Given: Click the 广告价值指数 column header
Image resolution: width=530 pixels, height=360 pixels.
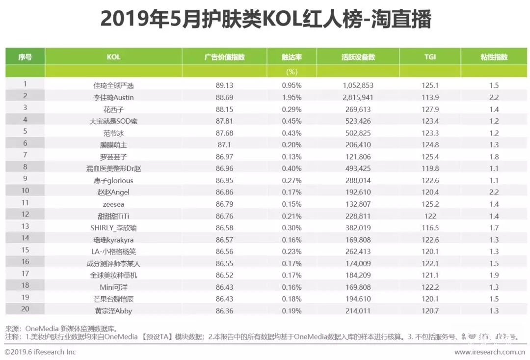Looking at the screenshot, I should pos(224,57).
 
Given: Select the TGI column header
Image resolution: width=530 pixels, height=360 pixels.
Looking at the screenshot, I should pos(430,57).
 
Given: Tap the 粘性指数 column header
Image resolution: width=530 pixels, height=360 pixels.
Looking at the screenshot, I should pos(494,57).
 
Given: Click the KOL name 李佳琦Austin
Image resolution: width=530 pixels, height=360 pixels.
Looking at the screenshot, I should pos(113,97).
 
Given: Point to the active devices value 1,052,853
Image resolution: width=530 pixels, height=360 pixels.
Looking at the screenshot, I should pos(358,85).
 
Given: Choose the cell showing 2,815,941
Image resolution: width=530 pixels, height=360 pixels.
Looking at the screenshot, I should pos(358,97).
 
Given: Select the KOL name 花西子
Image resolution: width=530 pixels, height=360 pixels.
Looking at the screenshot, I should pos(113,109).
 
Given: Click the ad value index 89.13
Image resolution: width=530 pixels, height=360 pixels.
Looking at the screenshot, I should pos(224,85).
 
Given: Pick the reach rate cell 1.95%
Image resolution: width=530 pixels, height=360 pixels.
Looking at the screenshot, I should pos(291,97).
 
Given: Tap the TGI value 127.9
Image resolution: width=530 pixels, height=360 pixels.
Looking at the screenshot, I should pos(430,109).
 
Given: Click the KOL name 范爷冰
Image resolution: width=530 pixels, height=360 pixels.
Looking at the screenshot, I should pos(113,133).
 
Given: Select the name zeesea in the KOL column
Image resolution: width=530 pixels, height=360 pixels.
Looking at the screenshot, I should pos(113,204).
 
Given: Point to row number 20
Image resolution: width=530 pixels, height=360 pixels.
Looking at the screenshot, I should pos(25,309).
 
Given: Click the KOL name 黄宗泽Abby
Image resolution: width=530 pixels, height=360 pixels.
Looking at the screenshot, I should pos(113,311).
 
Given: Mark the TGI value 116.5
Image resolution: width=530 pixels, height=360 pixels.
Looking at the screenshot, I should pos(430,228).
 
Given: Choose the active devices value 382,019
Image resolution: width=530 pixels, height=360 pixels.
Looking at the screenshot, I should pos(358,228).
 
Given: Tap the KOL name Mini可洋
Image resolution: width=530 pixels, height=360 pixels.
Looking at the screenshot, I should pos(113,287).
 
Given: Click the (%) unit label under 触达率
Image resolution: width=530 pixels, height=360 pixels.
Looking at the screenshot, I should pos(291,72).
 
